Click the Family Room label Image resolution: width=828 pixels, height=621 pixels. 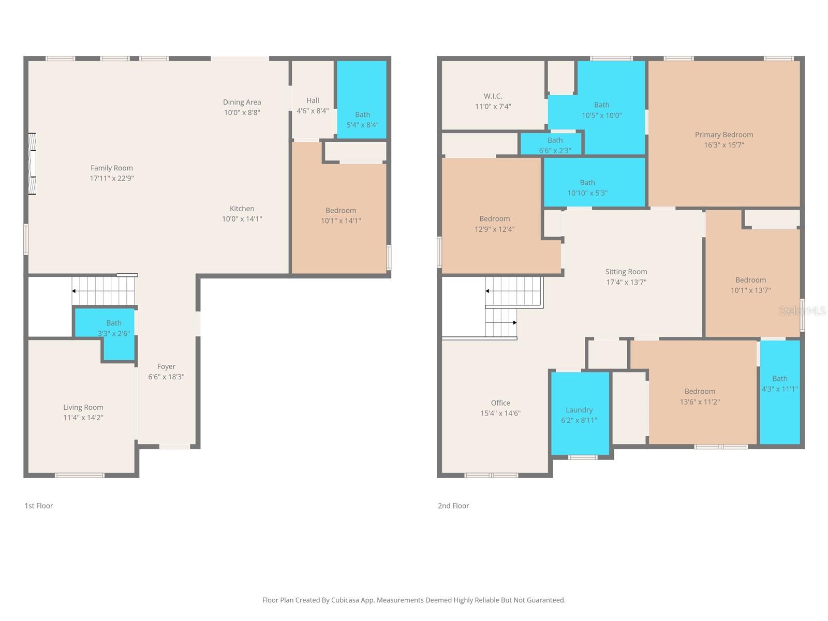coord(112,168)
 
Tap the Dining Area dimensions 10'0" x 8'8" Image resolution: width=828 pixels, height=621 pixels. coord(242,112)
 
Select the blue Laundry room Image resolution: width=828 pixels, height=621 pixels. coord(580,414)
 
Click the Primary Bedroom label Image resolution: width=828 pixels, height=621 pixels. coord(723,135)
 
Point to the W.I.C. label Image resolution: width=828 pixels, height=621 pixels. coord(493,96)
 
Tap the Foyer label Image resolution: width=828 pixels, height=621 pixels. coord(166,366)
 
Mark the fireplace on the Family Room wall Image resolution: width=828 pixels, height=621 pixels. coord(32,164)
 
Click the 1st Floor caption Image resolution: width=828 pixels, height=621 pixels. coord(39,506)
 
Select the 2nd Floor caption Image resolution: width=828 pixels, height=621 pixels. coord(453,506)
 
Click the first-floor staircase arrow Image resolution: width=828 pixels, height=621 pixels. coord(74,291)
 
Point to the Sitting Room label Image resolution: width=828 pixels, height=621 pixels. coord(626,272)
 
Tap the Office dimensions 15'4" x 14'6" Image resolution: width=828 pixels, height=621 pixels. coord(500,413)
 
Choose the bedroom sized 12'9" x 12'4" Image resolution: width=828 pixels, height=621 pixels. coord(494,224)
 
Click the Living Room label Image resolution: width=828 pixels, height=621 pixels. coord(83,407)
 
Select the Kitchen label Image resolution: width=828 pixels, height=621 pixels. coord(242,209)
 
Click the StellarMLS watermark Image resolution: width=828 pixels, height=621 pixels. coord(802,310)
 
